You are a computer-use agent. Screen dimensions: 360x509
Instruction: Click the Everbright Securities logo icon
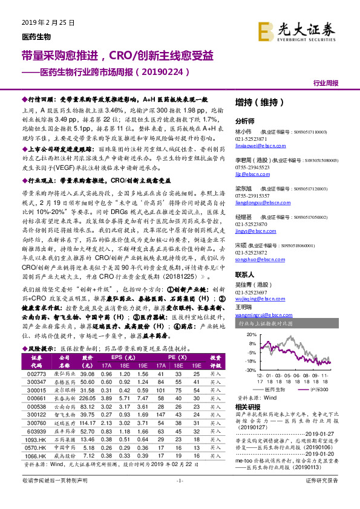(x=267, y=30)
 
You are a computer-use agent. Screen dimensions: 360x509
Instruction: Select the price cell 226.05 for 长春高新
(x=87, y=398)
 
